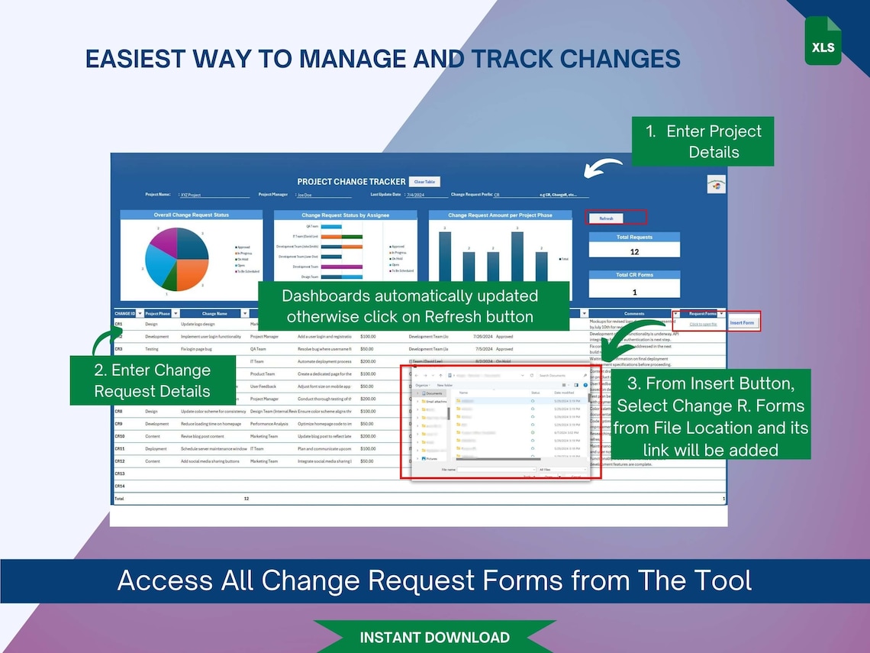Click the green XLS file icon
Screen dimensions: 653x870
(x=823, y=41)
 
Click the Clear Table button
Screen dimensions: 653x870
(x=424, y=182)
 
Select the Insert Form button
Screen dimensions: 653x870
(x=742, y=322)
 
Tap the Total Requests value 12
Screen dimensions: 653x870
(x=634, y=251)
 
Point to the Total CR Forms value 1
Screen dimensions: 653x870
(x=634, y=291)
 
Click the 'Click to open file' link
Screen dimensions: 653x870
(x=702, y=324)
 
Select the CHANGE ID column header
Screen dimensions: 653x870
(x=124, y=313)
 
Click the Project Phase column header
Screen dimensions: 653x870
(x=158, y=313)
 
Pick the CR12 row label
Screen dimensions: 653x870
(x=119, y=461)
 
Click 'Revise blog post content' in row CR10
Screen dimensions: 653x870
(x=202, y=436)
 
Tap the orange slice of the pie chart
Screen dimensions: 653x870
(x=189, y=276)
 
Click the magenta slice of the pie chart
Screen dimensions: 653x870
(x=162, y=242)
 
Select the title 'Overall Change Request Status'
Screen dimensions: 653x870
(x=191, y=215)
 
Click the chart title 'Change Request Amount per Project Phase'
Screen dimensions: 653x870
(x=500, y=215)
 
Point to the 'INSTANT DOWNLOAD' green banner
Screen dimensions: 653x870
(x=434, y=637)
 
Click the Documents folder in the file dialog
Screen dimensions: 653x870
(x=433, y=393)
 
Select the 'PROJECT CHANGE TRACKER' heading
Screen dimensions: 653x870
(x=351, y=182)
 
